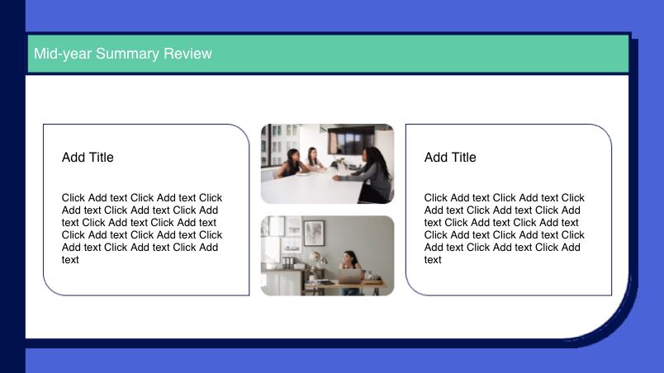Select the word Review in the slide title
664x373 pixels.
tap(187, 54)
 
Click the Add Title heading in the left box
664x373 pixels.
tap(88, 158)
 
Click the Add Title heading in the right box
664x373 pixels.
tap(450, 158)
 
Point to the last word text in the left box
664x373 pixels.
tap(70, 260)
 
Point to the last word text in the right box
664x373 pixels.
tap(433, 260)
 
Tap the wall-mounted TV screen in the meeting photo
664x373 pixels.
tap(351, 140)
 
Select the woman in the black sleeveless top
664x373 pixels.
tap(292, 163)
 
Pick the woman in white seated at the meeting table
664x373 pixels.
tap(314, 159)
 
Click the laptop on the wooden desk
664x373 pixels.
tap(351, 276)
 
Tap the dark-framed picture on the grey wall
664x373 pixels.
tap(314, 233)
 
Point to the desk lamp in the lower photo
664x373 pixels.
tap(315, 262)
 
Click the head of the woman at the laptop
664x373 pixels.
tap(350, 257)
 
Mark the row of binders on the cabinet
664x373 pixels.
tap(288, 262)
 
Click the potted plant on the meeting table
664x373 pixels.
tap(339, 162)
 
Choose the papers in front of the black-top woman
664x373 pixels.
tap(303, 173)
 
